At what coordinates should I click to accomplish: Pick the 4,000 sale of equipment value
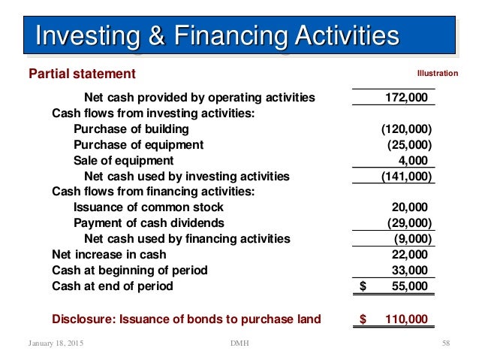(x=413, y=161)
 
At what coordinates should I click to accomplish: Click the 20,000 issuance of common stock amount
(x=410, y=207)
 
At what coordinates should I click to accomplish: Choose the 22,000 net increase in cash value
(x=410, y=255)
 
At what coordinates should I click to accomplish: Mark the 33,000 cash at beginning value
(x=410, y=271)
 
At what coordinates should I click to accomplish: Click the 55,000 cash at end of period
(x=410, y=286)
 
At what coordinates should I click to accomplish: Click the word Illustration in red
(x=437, y=74)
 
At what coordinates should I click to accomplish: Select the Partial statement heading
(x=82, y=74)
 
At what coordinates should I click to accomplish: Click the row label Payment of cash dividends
(x=149, y=223)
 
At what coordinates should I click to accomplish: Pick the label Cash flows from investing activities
(x=153, y=113)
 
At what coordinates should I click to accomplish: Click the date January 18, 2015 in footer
(x=56, y=343)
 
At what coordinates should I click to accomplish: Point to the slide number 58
(x=445, y=343)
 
